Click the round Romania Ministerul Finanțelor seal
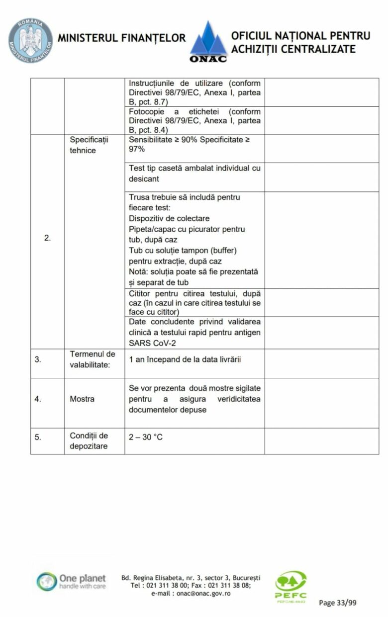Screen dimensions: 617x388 [30, 41]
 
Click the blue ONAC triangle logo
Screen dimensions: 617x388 [208, 41]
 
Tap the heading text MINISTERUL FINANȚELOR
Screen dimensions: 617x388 [121, 38]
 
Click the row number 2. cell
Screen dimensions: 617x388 [47, 238]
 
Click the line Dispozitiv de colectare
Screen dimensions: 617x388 [169, 218]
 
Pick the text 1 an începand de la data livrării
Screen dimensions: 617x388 [185, 359]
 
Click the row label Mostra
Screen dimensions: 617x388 [82, 399]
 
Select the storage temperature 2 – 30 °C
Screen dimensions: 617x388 [146, 437]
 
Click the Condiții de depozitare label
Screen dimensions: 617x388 [89, 441]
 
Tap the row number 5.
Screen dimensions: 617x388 [38, 438]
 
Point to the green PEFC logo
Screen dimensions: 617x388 [291, 586]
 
